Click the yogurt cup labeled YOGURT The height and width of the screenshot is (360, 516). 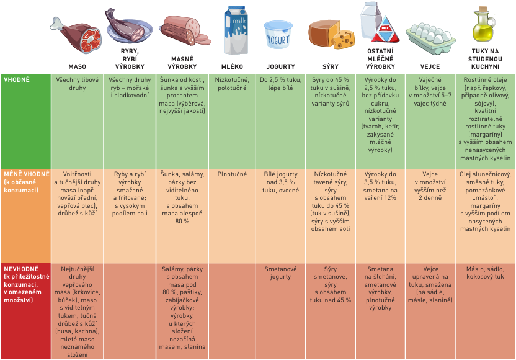(278, 35)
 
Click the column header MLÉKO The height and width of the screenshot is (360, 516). (232, 66)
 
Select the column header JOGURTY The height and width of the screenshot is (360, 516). (280, 66)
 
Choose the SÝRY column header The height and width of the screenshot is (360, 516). (331, 66)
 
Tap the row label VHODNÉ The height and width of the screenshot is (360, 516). (17, 80)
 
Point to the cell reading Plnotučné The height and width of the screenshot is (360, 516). (233, 175)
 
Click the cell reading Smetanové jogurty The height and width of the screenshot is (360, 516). (280, 273)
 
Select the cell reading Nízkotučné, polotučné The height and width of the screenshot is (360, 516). (233, 84)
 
